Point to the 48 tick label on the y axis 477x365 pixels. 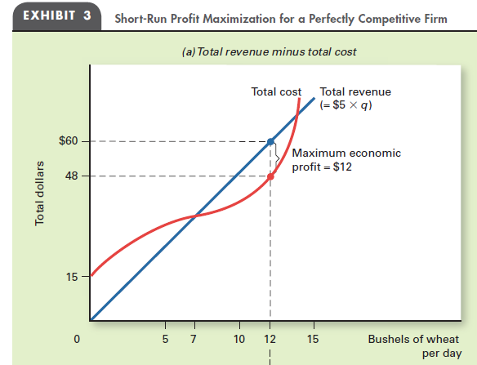(x=71, y=176)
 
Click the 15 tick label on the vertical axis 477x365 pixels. (x=72, y=276)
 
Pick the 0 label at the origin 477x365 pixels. (x=76, y=338)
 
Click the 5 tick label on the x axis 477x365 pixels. (x=164, y=338)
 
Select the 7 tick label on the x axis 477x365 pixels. (x=194, y=338)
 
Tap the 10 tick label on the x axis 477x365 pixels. (x=239, y=338)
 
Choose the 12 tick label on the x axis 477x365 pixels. (x=270, y=338)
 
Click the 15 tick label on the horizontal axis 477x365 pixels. (x=314, y=338)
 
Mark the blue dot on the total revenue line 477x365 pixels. (x=270, y=141)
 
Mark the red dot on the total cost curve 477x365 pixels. (x=270, y=176)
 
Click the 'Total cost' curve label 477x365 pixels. (x=276, y=92)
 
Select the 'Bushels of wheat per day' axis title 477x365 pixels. (x=413, y=345)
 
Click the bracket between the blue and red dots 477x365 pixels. (x=279, y=158)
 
